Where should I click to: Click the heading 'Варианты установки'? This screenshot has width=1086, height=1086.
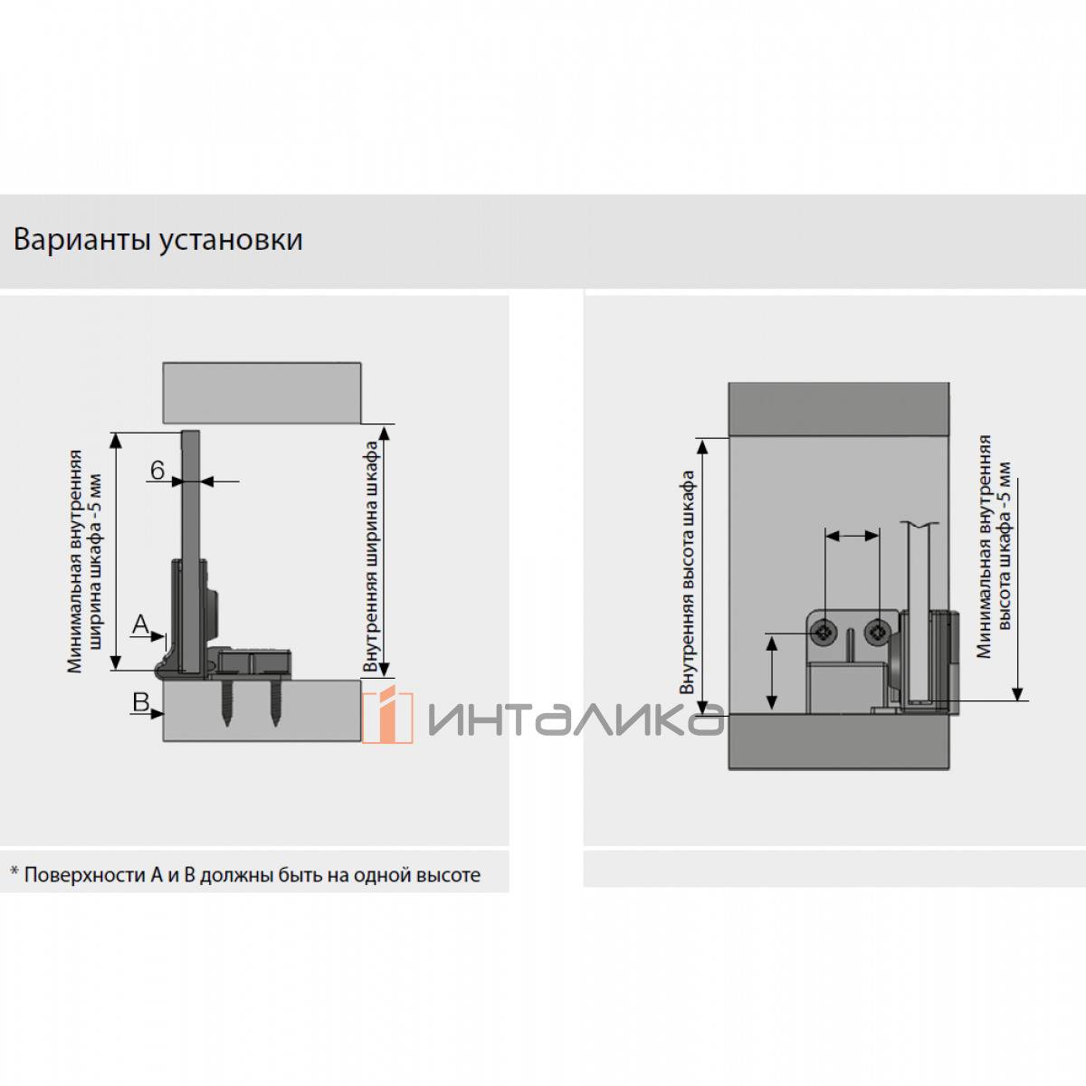158,240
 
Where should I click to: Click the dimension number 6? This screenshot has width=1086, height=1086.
157,471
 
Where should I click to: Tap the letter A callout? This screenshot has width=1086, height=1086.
140,624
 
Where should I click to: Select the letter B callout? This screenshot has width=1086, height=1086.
140,701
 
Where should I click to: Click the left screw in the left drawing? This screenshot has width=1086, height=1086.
226,706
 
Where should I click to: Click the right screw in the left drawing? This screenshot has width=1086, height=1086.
273,706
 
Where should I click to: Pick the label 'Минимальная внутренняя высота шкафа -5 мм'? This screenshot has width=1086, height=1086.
995,548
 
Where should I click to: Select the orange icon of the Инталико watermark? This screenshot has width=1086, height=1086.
386,715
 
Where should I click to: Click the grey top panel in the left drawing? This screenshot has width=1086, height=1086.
262,393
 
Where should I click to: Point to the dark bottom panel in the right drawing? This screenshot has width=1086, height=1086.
838,741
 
